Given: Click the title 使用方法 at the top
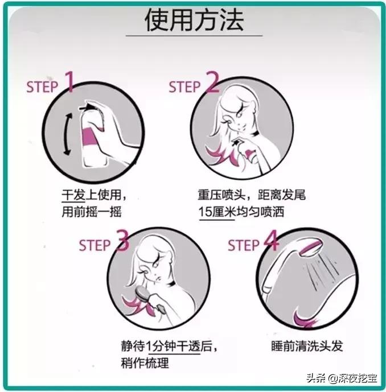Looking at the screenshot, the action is (194, 20).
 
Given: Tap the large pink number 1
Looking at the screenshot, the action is (69, 81).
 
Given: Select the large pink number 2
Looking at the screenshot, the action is (212, 82).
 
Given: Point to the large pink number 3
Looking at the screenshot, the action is (123, 241).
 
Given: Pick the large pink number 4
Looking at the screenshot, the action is (271, 241).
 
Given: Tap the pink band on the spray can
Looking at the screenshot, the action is (92, 136).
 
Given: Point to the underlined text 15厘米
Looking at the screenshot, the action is (217, 212).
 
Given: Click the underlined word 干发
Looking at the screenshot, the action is (73, 195).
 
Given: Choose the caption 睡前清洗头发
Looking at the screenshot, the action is (307, 346).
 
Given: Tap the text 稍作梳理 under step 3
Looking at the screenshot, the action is (145, 363).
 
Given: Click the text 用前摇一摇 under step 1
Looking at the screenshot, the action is (92, 212).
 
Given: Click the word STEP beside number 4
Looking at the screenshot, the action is (244, 245).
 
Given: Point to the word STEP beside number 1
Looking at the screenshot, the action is (42, 87).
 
